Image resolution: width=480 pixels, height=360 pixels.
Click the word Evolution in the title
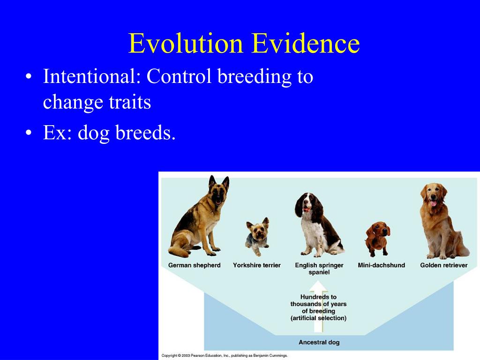pos(186,43)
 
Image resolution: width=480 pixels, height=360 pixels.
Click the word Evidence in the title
pos(306,43)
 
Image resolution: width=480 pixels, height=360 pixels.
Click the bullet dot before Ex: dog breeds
pos(29,133)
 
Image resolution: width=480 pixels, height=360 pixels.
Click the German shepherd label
pos(195,265)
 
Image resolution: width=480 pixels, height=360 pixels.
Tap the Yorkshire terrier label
pos(257,265)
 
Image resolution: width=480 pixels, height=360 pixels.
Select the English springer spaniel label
pos(319,269)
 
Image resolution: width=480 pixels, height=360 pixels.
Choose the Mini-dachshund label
pos(382,265)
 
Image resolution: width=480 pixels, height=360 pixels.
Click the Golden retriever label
pos(444,265)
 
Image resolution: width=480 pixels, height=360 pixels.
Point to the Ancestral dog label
pos(319,342)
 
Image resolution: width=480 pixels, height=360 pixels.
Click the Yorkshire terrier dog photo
pos(257,237)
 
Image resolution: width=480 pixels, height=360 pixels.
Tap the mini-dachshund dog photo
pos(378,239)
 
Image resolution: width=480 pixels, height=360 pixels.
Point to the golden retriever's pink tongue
pos(433,203)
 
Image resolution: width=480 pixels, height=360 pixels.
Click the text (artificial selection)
pos(318,318)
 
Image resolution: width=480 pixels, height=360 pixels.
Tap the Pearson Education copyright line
pos(225,356)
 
